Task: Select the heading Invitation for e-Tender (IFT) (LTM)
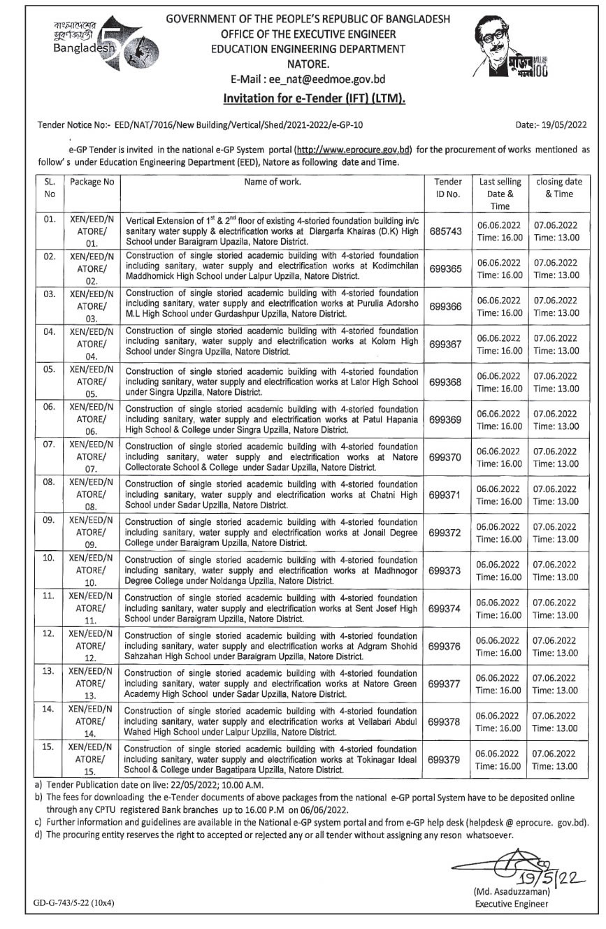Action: [314, 99]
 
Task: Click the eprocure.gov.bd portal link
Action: [354, 150]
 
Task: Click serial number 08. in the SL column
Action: [49, 482]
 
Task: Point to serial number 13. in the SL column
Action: [49, 670]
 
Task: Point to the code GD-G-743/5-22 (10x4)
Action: [73, 903]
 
